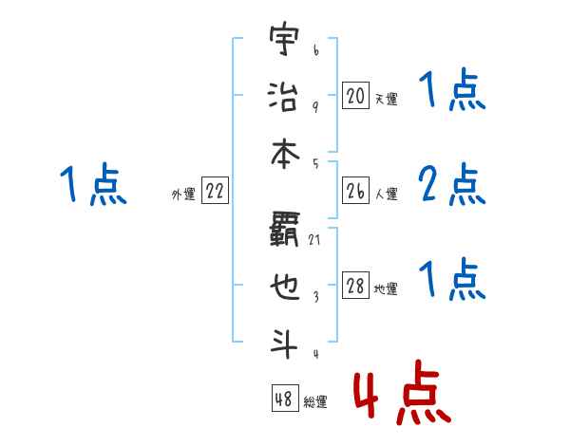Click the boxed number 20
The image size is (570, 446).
[x=355, y=95]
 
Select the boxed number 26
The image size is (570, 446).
[x=355, y=192]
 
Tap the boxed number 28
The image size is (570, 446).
[x=355, y=287]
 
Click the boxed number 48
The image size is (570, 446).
[x=284, y=399]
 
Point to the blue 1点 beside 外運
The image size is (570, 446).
[x=93, y=184]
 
